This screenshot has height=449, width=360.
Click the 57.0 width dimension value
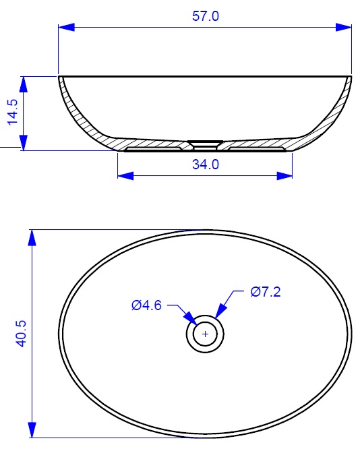tap(206, 16)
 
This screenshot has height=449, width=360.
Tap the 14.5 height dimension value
tap(13, 112)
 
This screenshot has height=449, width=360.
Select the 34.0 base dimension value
tap(206, 164)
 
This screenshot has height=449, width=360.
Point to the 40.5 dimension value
tap(22, 334)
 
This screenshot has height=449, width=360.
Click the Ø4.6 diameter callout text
tap(147, 305)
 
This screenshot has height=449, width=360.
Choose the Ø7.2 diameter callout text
tap(266, 292)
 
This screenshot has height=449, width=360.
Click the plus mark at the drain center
tap(205, 334)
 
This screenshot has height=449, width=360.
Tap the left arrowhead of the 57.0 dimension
tap(67, 28)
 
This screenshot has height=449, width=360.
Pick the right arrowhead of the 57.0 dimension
tap(343, 28)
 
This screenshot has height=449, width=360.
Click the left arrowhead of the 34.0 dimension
tap(125, 176)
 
